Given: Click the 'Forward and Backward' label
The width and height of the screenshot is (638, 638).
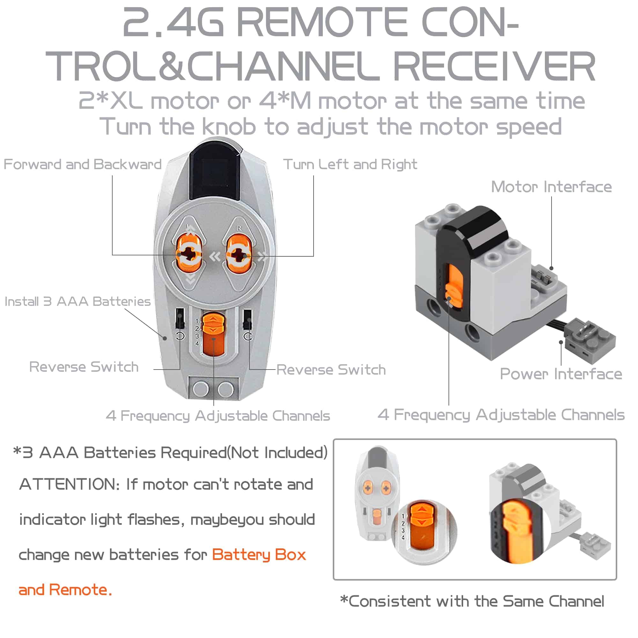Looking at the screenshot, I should [x=82, y=164].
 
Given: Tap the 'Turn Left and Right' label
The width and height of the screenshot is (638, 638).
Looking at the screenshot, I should [x=350, y=164].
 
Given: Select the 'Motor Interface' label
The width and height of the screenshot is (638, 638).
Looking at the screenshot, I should [x=551, y=187].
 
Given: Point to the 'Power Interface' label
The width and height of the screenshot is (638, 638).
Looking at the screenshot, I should [x=561, y=374].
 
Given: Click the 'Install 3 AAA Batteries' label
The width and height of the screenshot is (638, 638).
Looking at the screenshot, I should [x=77, y=301].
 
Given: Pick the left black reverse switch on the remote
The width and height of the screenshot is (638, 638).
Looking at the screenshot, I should [x=179, y=319].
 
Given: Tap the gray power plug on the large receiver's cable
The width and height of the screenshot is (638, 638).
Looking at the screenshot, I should [x=590, y=340].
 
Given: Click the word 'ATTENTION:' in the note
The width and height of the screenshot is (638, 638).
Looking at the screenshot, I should [x=70, y=484].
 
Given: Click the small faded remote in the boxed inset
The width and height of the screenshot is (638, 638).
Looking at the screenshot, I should [x=377, y=492].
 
